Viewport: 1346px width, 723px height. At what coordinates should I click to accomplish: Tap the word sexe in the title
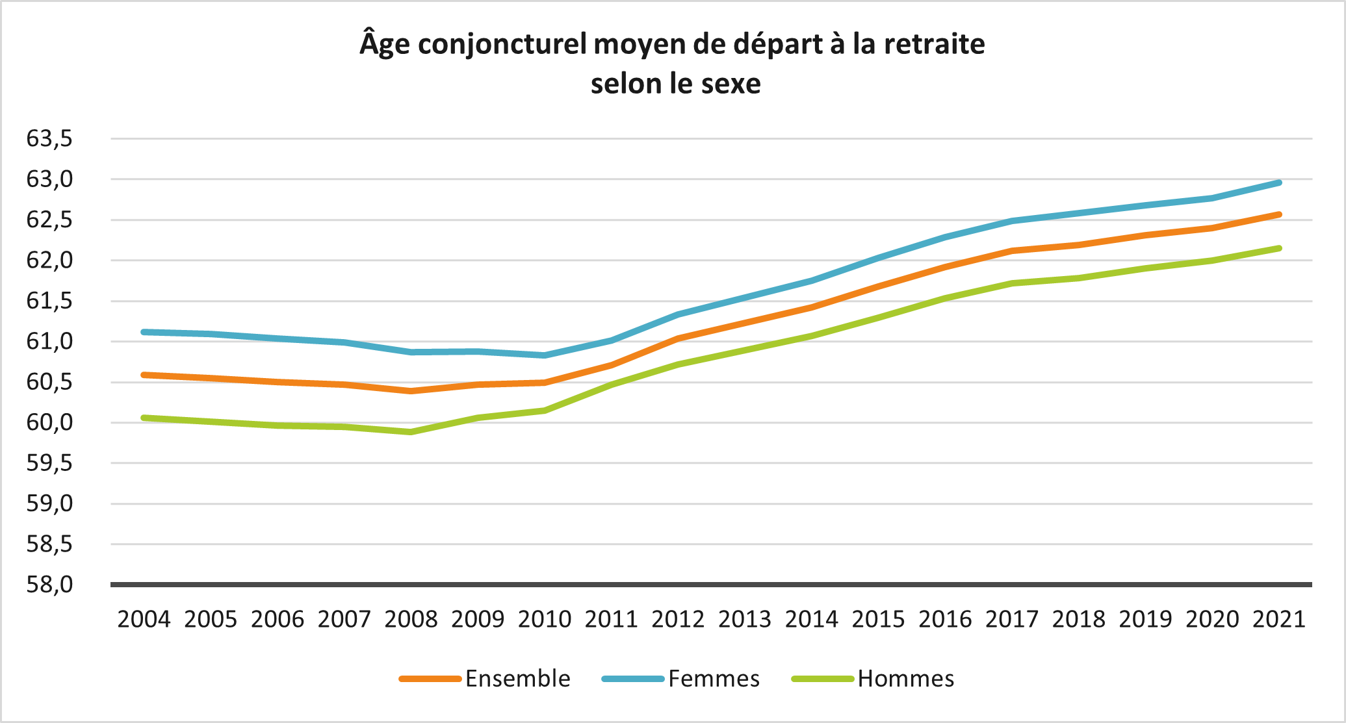coord(731,84)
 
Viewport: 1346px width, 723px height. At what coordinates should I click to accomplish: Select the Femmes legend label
coord(714,679)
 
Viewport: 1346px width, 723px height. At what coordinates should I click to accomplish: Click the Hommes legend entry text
coord(905,679)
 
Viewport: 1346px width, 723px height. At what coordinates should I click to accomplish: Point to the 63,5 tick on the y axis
coord(49,138)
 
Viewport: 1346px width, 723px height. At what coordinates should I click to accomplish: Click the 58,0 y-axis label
coord(49,585)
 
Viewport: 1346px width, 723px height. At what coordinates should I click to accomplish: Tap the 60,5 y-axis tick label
coord(49,382)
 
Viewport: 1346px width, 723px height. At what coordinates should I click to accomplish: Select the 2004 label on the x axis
coord(144,619)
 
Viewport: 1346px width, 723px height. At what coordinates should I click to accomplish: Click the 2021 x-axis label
coord(1279,619)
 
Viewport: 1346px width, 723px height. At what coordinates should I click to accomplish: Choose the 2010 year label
coord(545,619)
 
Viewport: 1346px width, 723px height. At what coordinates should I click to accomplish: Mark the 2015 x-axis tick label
coord(878,619)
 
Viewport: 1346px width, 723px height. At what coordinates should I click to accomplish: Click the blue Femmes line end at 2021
coord(1278,183)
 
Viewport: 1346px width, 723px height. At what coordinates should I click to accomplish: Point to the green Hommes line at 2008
coord(411,432)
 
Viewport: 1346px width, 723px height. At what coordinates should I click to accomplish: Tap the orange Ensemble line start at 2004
coord(144,375)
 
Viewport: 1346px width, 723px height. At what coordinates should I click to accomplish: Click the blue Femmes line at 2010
coord(545,355)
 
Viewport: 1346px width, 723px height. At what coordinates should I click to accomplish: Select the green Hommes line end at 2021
coord(1278,248)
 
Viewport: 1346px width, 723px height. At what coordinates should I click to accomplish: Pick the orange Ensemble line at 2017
coord(1012,251)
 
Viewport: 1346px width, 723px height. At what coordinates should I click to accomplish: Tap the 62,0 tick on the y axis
coord(49,260)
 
